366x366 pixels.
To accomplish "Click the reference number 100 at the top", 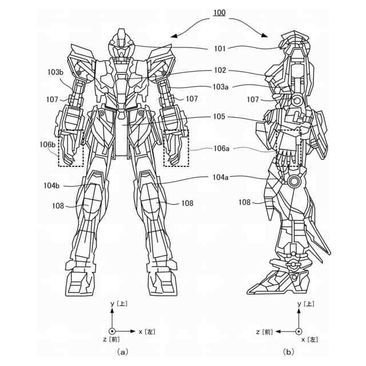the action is pos(219,12).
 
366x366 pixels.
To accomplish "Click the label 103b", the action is pos(55,72).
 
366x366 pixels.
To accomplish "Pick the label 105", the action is pos(219,117).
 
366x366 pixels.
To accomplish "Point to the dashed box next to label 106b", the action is pos(70,148).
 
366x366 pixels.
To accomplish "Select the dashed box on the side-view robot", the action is pos(289,147).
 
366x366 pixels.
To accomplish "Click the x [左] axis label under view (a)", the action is pos(146,331).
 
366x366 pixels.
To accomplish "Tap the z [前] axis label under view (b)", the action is pos(268,331).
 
